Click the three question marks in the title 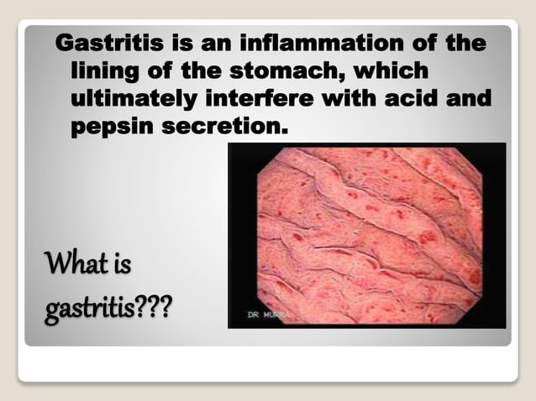155,309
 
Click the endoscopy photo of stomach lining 367,235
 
